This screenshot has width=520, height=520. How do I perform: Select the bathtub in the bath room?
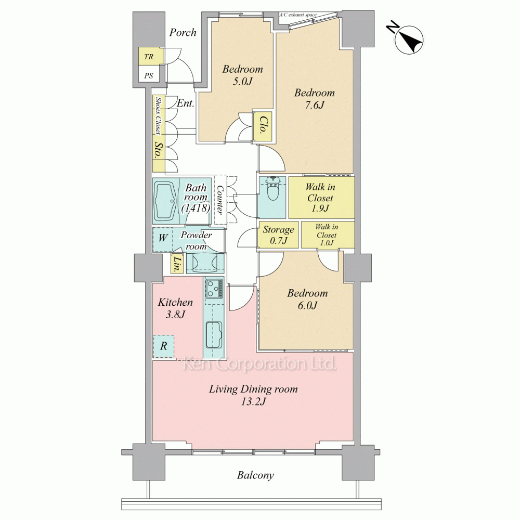166,201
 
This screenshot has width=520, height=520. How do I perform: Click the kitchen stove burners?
214,288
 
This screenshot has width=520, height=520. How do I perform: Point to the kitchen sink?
214,335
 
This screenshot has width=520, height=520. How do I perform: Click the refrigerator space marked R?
163,346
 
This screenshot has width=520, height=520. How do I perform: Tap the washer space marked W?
162,238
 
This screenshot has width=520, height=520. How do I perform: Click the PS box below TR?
149,75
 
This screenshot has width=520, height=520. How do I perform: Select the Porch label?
183,32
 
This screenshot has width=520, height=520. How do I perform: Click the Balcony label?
255,475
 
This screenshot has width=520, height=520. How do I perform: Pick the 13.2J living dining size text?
253,402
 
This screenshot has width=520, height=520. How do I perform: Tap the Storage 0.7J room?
278,235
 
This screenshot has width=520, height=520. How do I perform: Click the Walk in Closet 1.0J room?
327,235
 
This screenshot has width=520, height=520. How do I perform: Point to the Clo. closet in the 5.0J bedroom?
263,125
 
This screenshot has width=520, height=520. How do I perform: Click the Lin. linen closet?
177,263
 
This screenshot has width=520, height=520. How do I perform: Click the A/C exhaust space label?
298,15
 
